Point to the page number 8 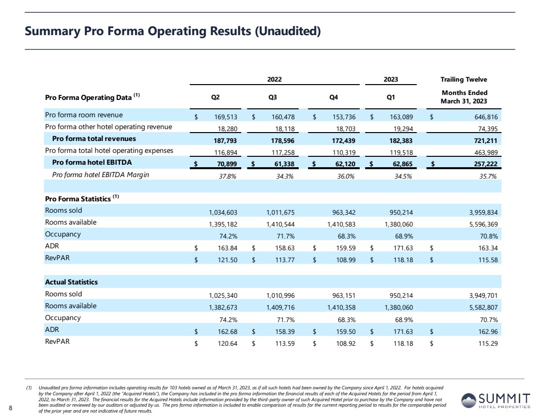(x=11, y=408)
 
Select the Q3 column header (x=272, y=97)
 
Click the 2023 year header (x=390, y=79)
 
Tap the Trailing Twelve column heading (x=464, y=79)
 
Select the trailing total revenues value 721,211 (x=484, y=140)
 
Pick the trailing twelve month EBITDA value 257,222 (x=484, y=163)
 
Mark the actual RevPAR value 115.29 (x=487, y=341)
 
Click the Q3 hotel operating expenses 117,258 (x=282, y=151)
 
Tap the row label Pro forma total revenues (x=94, y=139)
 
